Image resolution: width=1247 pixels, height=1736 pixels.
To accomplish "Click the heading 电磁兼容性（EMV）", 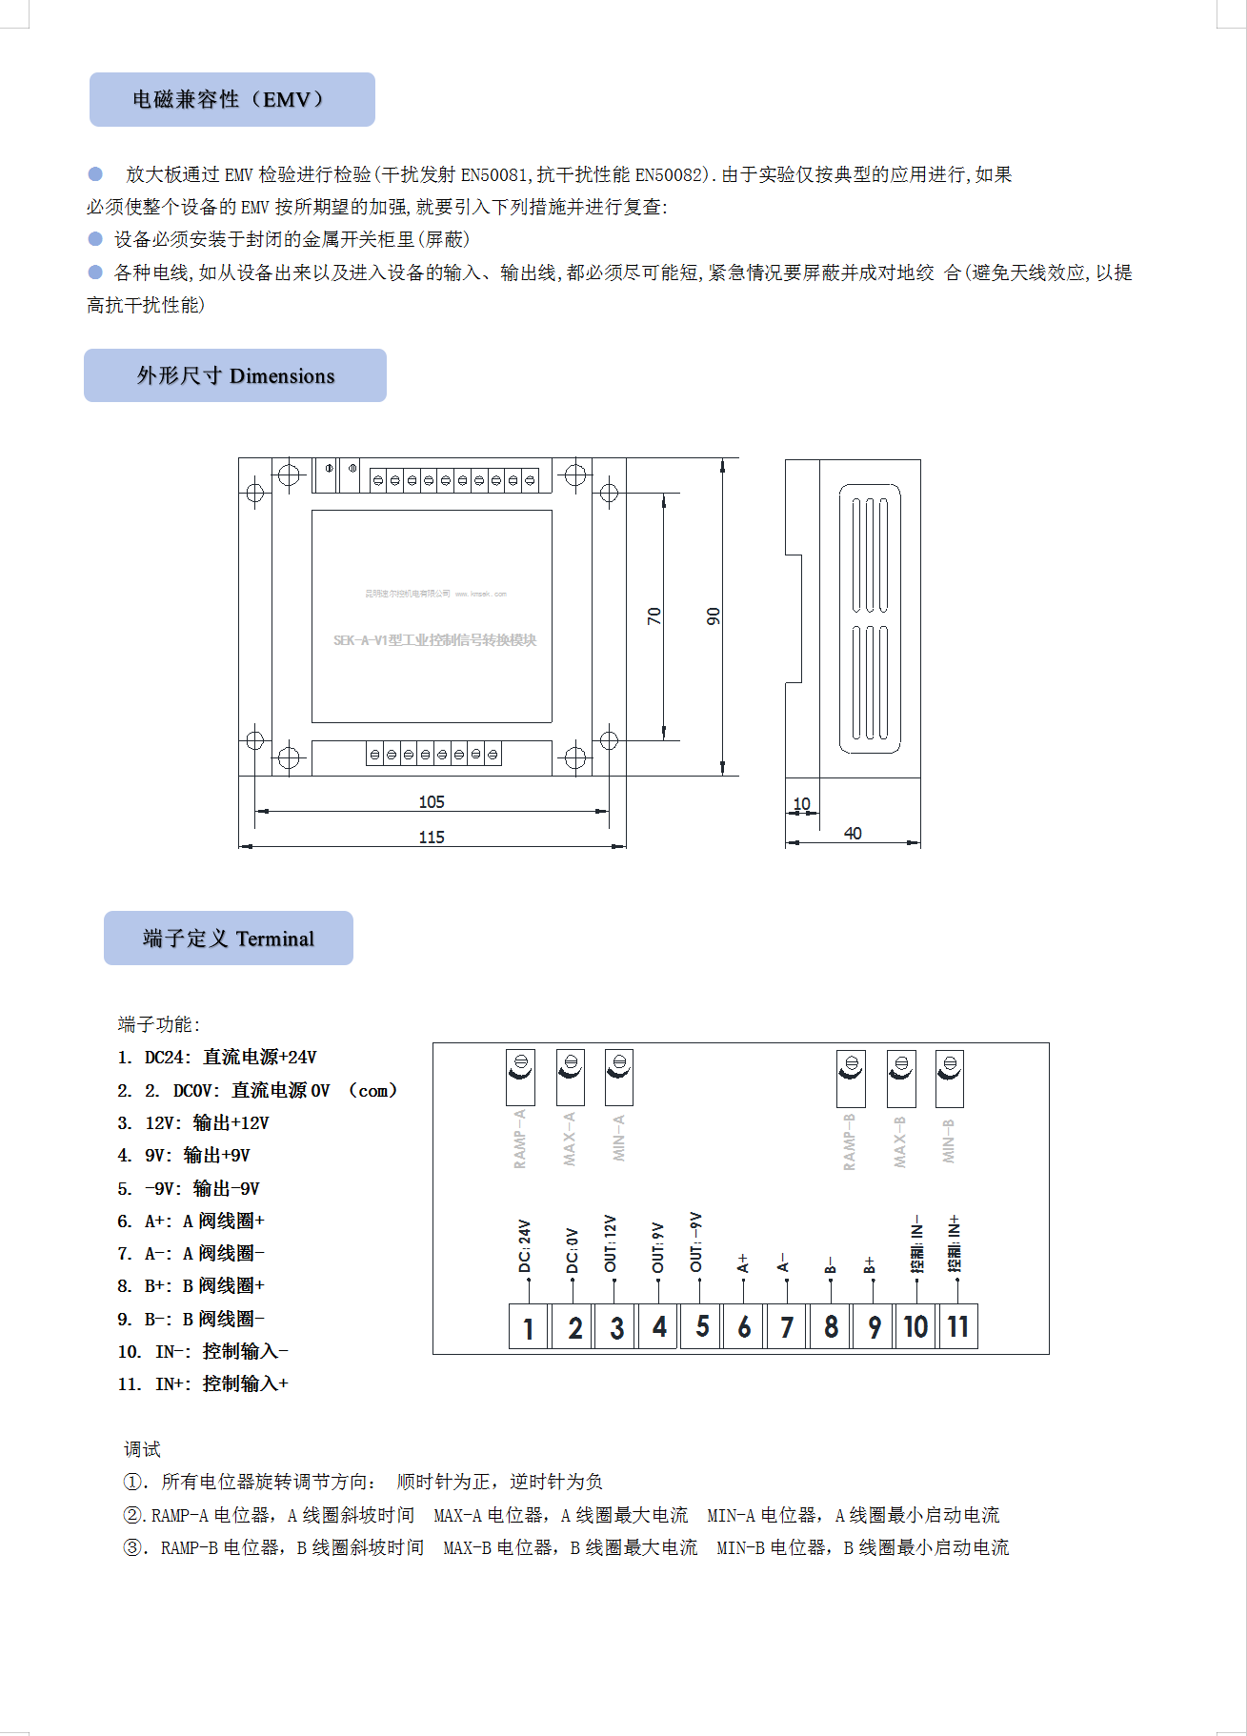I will click(231, 100).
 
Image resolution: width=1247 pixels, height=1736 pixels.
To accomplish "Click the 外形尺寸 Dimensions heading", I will click(235, 375).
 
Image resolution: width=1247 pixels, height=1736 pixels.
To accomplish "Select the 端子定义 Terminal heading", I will click(229, 939).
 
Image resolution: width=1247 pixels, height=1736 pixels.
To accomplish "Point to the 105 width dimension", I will click(432, 802).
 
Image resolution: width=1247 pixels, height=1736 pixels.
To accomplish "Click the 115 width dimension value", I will click(432, 837).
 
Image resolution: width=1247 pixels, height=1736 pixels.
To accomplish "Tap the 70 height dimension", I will click(654, 616).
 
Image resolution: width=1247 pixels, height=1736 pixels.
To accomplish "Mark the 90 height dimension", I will click(714, 616).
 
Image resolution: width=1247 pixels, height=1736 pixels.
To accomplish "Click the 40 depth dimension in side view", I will click(853, 834).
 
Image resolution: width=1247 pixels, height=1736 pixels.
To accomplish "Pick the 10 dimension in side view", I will click(802, 804).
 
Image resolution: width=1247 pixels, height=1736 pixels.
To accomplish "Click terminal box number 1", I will click(529, 1327).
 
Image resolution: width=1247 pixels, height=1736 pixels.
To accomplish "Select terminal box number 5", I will click(702, 1326).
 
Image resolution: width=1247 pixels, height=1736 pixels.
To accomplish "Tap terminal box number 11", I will click(958, 1326).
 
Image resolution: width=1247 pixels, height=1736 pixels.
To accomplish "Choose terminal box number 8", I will click(831, 1326).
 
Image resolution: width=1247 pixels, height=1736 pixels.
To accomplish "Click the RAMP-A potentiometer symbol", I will click(520, 1078).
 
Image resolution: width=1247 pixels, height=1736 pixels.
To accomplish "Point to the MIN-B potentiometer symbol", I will click(949, 1078).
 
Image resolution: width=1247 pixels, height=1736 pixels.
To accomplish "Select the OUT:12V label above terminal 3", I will click(611, 1242).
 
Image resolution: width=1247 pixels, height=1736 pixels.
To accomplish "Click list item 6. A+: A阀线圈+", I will click(191, 1221).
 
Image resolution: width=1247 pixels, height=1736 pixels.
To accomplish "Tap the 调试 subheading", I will click(142, 1449).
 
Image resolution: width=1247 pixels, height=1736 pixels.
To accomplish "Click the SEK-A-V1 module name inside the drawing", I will click(434, 640).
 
